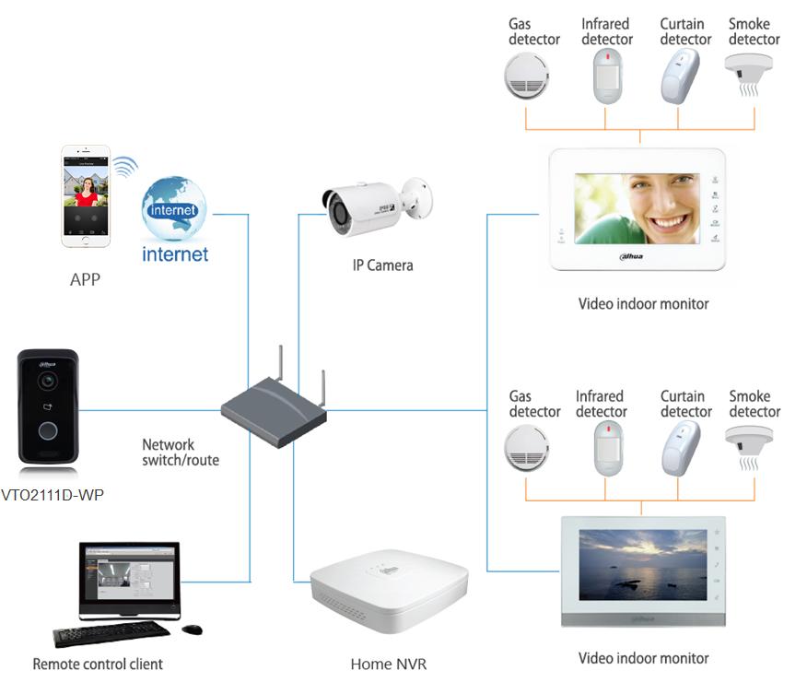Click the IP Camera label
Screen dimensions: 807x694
382,265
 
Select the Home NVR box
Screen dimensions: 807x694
389,591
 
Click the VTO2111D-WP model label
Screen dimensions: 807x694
53,495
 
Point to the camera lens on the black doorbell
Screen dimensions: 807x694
48,381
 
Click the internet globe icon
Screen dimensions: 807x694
174,208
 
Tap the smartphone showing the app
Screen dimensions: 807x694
86,196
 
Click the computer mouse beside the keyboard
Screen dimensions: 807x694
192,629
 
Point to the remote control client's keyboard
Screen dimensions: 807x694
111,634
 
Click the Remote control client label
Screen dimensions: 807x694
98,665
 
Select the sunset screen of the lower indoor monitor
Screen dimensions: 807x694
643,565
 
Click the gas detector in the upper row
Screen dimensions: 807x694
526,76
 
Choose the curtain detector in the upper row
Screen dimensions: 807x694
680,76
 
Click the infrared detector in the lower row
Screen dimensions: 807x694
608,448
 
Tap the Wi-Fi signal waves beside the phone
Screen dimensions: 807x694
125,166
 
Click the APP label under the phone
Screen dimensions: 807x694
85,279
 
